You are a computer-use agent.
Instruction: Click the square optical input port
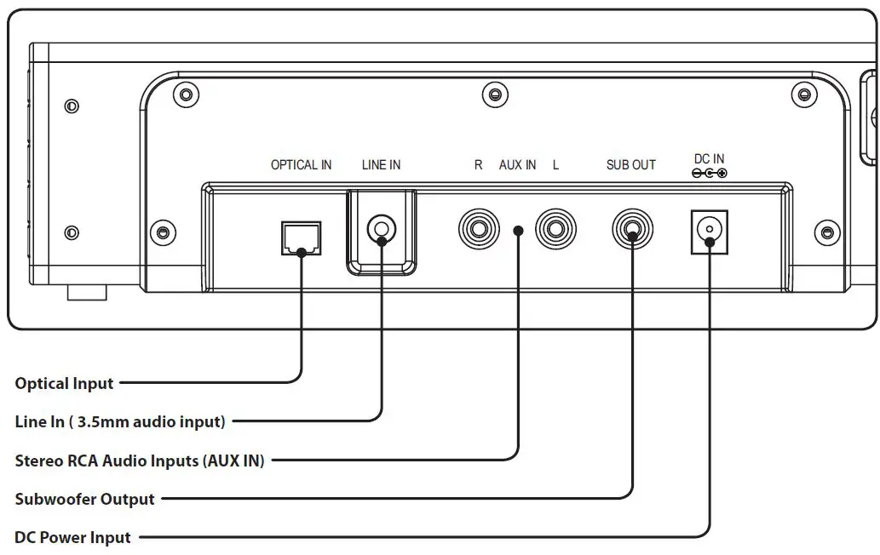pos(302,237)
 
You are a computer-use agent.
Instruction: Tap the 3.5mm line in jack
pos(381,229)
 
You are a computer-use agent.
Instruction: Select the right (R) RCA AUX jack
pos(479,229)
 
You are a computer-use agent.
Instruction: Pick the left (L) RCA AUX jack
pos(555,229)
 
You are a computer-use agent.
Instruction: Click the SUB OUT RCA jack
pos(632,229)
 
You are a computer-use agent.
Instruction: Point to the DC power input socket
pos(710,232)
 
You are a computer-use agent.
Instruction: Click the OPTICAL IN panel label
pos(302,165)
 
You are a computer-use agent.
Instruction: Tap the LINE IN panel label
pos(381,165)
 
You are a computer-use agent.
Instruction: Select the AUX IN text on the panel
pos(517,165)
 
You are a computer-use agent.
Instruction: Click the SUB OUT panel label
pos(630,165)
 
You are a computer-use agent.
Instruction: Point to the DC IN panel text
pos(710,158)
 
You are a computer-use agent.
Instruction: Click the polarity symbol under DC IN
pos(710,174)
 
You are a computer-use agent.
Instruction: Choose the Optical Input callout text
pos(64,383)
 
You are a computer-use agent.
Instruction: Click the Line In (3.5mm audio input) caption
pos(120,421)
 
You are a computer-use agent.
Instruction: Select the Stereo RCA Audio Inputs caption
pos(139,461)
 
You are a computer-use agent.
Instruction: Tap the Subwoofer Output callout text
pos(84,499)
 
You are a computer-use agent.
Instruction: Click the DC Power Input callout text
pos(72,538)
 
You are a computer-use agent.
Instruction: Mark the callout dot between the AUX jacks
pos(519,231)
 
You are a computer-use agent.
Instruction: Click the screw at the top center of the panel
pos(495,94)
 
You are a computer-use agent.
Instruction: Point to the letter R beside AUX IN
pos(478,165)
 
